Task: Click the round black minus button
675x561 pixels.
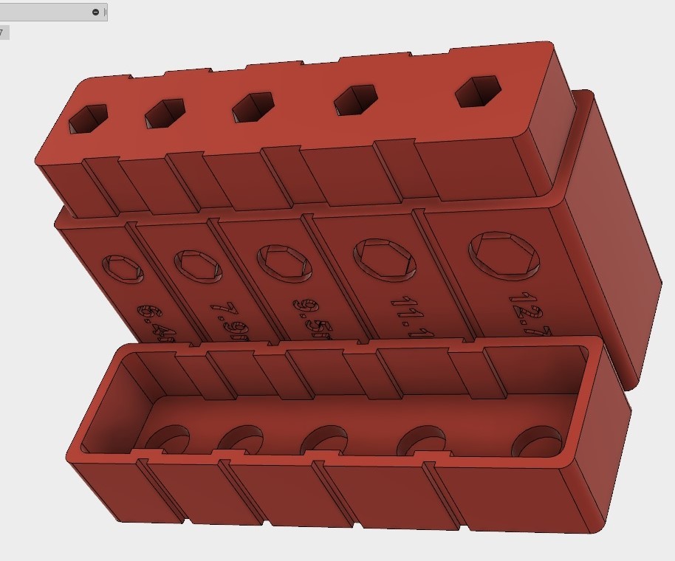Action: [x=96, y=12]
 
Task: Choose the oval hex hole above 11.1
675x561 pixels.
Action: [x=384, y=257]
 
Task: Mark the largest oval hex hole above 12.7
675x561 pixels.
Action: [x=505, y=253]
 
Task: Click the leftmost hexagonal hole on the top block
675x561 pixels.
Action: [x=88, y=118]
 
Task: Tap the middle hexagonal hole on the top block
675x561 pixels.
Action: [x=253, y=107]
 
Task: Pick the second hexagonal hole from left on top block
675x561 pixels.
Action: [x=165, y=113]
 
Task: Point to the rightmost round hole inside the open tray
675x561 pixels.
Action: [x=537, y=442]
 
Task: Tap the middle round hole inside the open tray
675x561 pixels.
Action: [x=325, y=441]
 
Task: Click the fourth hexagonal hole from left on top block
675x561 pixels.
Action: [x=356, y=100]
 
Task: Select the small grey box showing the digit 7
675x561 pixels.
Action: [x=4, y=32]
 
